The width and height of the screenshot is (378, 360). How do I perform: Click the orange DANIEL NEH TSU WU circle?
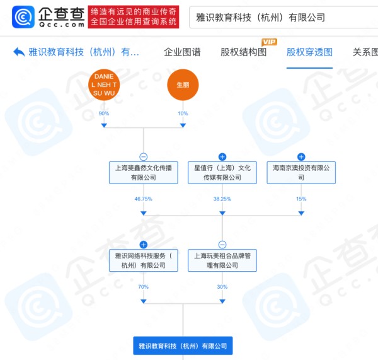coord(104,84)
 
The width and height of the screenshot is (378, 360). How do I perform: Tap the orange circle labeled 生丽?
coord(183,84)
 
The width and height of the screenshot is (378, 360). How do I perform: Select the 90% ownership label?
coord(104,113)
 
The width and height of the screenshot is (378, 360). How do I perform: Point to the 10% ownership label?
coord(183,113)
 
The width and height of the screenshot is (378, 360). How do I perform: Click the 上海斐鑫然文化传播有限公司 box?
coord(144,173)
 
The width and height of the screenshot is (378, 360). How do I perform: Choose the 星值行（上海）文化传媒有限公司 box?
coord(222,173)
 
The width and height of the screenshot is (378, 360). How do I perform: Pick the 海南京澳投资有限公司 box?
coord(301,173)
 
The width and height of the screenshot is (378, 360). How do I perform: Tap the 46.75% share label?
coord(144,199)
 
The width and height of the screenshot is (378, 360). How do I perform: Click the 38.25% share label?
coord(222,199)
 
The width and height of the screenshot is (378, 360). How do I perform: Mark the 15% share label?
coord(301,199)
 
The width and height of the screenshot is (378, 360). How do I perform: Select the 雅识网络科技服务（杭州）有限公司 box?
coord(144,260)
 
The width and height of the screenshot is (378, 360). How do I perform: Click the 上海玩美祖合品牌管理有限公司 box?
coord(222,260)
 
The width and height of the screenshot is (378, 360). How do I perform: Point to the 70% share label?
coord(144,287)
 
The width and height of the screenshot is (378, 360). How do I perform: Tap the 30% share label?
coord(222,287)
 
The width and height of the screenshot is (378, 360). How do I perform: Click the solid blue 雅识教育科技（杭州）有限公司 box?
coord(183,345)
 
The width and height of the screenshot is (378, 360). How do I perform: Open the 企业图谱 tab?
coord(182,52)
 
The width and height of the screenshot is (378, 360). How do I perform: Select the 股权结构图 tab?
coord(243,52)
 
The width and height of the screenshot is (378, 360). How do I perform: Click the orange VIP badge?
coord(269,42)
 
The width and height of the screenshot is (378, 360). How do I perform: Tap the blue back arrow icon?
coord(19,52)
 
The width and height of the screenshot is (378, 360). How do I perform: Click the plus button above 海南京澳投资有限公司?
coord(301,157)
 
